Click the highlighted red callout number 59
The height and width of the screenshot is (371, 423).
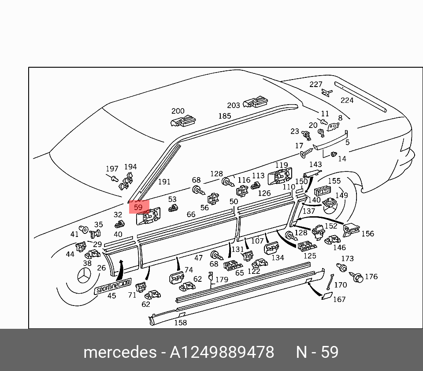point(138,207)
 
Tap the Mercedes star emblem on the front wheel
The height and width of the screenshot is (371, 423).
point(85,276)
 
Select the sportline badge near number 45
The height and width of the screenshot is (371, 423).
point(113,286)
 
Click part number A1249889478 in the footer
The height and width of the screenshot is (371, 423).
point(222,352)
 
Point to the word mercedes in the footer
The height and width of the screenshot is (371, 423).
point(120,352)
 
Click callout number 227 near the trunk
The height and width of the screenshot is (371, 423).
point(315,84)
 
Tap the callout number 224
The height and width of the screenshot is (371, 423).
point(347,100)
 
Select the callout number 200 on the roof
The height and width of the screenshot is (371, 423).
point(178,111)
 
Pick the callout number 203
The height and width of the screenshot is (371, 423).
point(234,105)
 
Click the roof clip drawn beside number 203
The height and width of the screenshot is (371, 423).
point(256,102)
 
